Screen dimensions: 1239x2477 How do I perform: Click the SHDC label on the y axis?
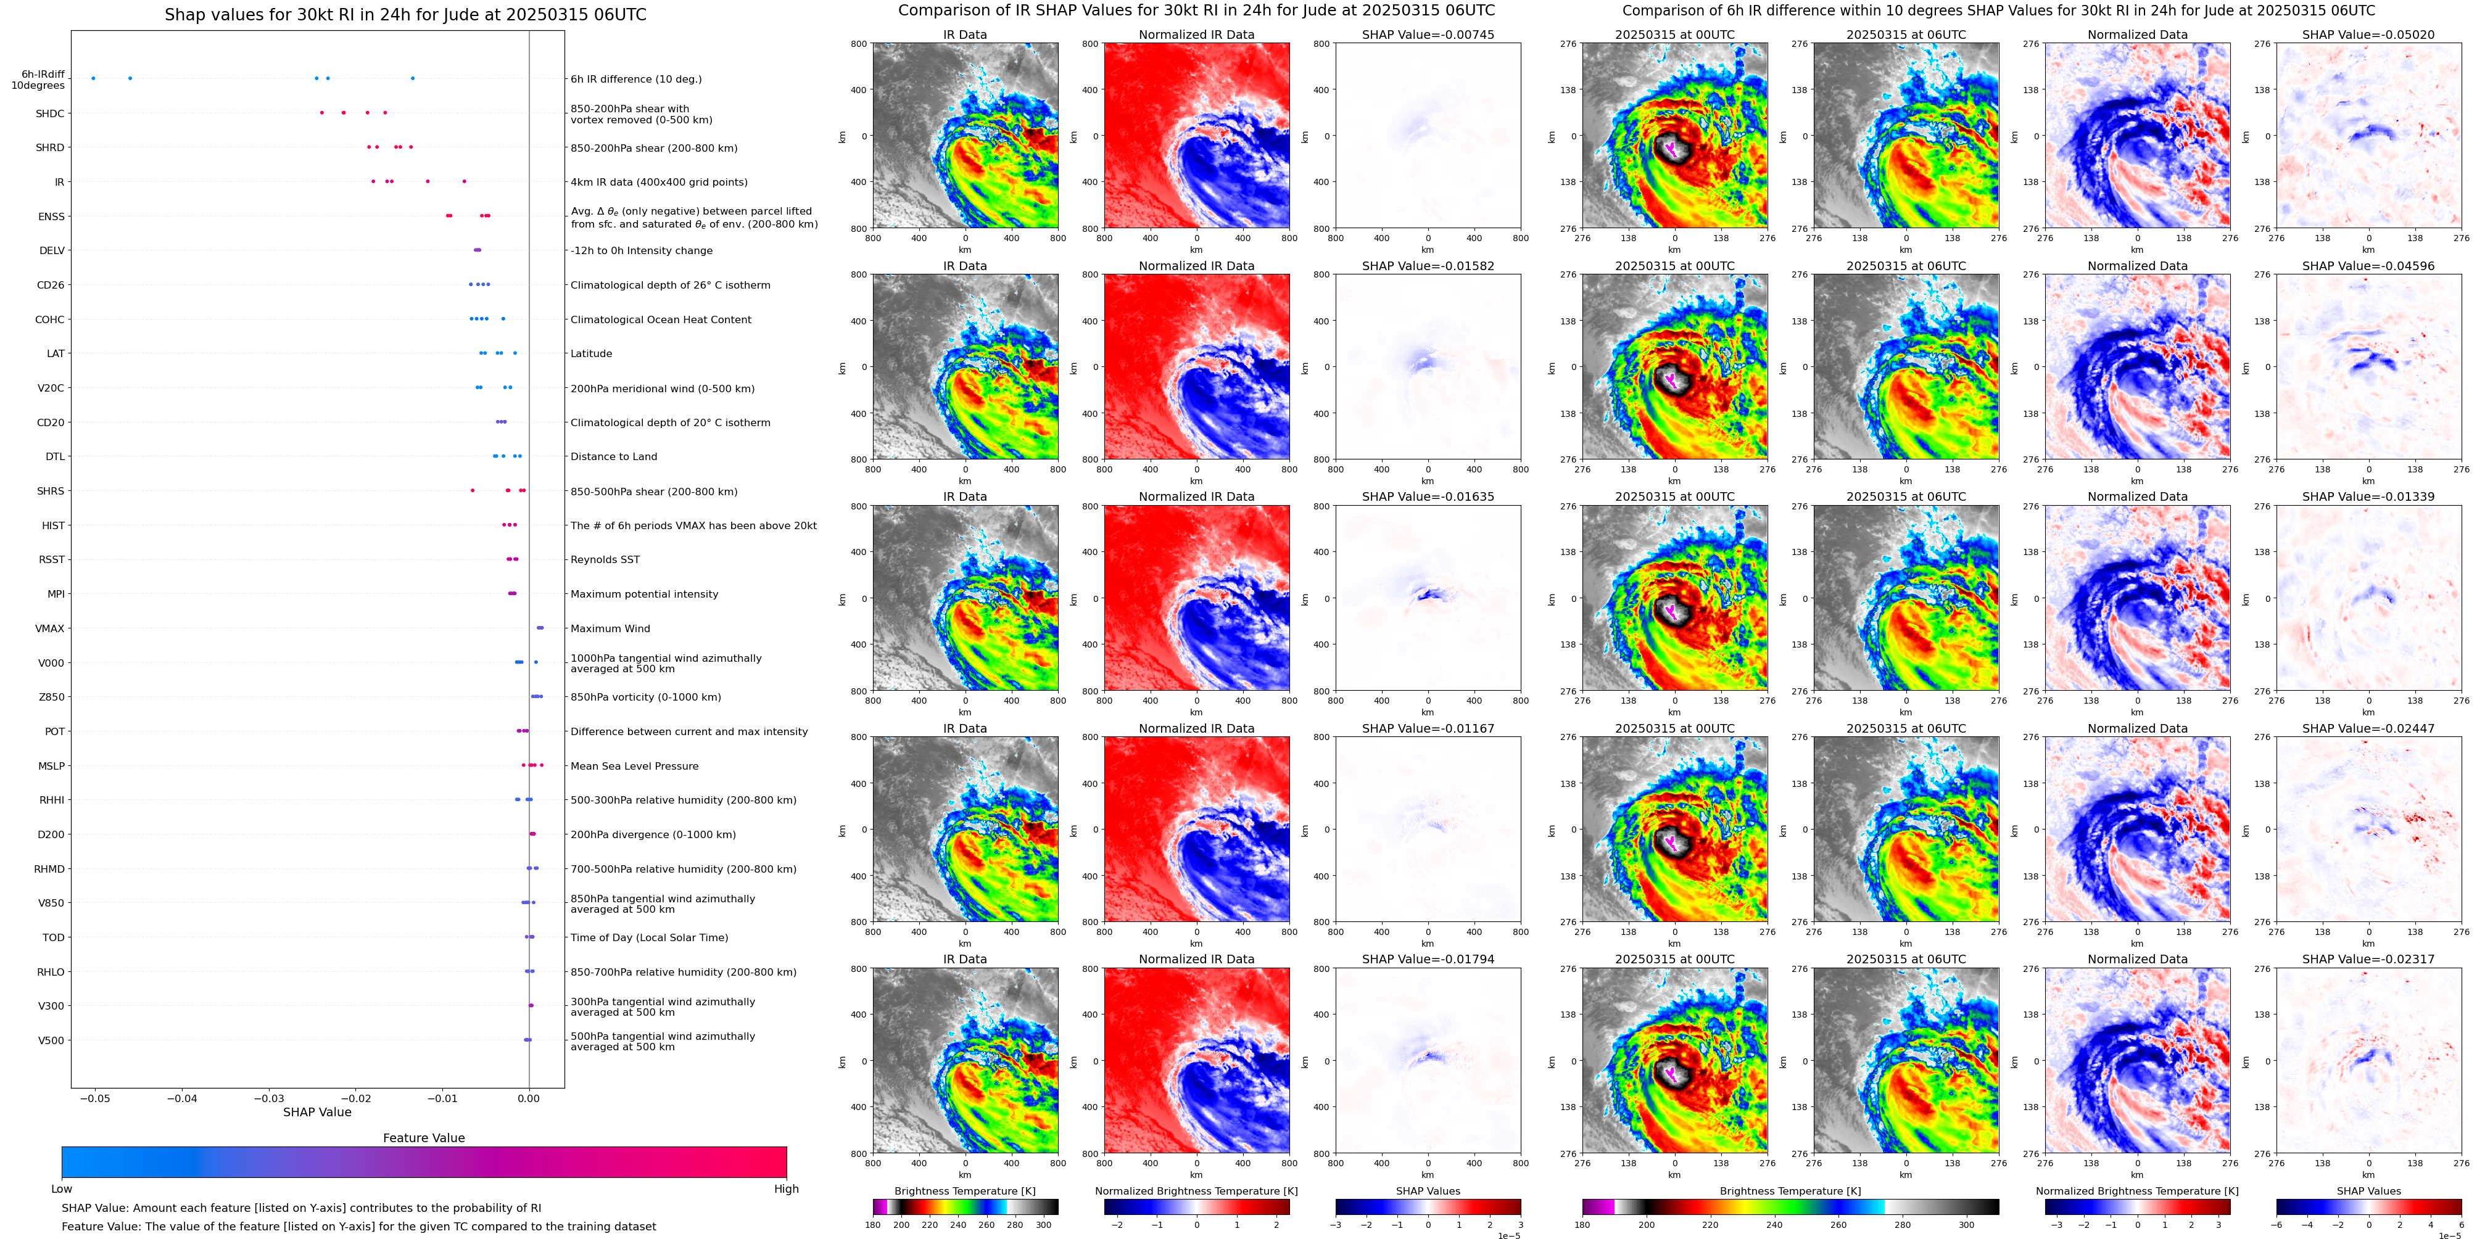(50, 113)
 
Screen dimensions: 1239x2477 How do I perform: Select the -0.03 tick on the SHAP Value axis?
(269, 1098)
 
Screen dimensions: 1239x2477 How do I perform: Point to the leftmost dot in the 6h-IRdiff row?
(93, 78)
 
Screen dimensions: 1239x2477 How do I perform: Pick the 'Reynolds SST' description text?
(605, 559)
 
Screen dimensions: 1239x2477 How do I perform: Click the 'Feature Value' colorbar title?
(423, 1138)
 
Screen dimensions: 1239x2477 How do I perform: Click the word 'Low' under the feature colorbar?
(62, 1189)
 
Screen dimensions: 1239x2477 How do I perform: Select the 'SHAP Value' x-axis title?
(316, 1112)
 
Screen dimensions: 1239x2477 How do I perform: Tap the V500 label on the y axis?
(51, 1040)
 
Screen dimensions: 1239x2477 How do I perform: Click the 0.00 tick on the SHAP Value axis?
(529, 1098)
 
